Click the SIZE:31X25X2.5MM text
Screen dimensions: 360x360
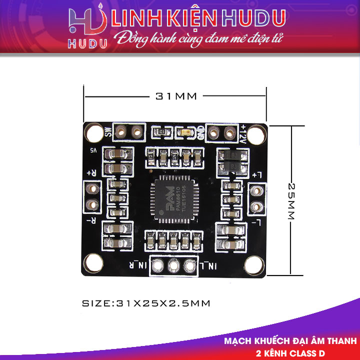pyautogui.click(x=146, y=303)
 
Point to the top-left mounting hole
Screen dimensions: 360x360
pyautogui.click(x=93, y=133)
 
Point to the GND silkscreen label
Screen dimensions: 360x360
pyautogui.click(x=200, y=133)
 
